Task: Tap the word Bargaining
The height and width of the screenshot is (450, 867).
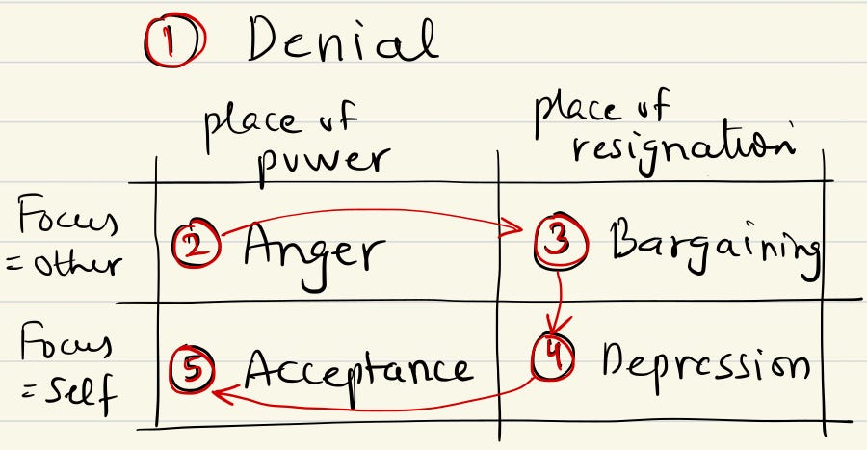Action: (714, 248)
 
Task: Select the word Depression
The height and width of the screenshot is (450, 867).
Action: (704, 364)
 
